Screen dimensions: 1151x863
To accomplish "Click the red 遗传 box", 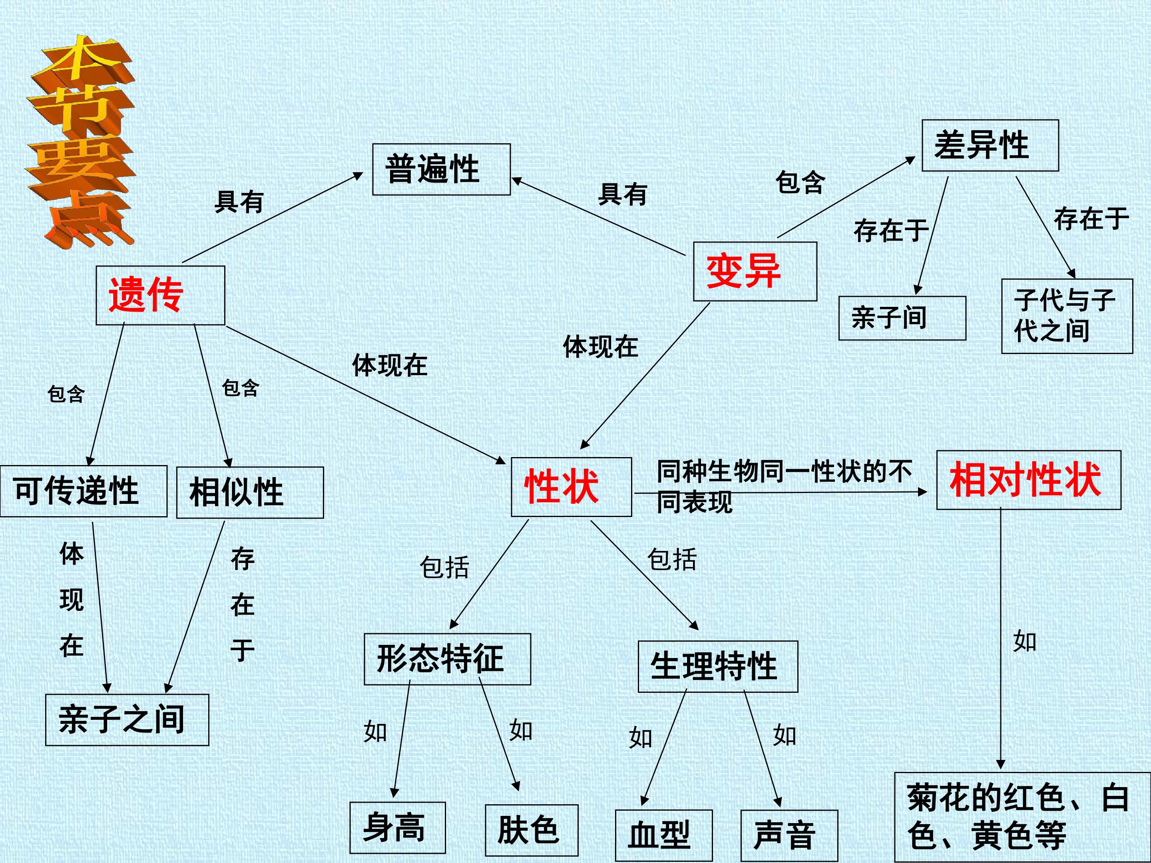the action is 160,296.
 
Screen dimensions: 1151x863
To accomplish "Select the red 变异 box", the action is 755,271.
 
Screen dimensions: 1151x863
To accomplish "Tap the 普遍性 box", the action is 441,169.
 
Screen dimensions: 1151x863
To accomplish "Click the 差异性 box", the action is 990,145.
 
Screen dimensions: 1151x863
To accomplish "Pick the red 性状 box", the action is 572,487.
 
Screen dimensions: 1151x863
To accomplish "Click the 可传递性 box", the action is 84,491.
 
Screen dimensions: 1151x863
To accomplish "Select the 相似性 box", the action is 250,493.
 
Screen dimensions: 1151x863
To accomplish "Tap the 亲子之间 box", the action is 127,720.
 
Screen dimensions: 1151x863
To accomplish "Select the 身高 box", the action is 398,827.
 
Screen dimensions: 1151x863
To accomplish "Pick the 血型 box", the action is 663,835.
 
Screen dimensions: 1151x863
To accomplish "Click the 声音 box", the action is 789,835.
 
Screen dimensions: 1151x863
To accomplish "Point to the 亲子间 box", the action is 902,318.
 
